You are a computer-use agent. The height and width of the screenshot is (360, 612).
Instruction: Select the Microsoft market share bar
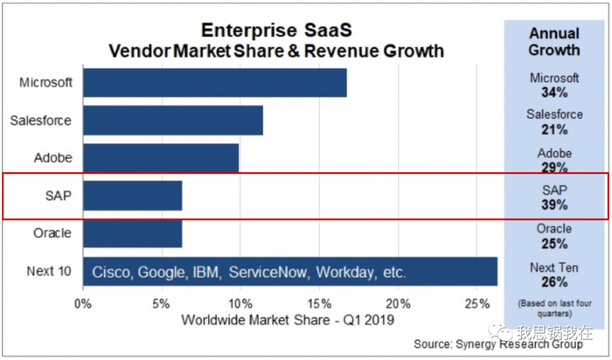click(x=214, y=83)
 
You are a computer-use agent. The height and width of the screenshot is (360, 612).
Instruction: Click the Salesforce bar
click(x=172, y=121)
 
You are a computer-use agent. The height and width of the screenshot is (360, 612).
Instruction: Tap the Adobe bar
click(x=160, y=158)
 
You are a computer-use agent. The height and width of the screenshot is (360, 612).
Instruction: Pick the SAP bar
click(x=132, y=196)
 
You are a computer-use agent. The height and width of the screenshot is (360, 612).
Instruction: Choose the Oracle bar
click(x=132, y=233)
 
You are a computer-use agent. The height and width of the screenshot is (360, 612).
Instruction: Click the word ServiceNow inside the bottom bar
click(x=269, y=273)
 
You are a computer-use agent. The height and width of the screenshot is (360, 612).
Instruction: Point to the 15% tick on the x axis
click(x=320, y=304)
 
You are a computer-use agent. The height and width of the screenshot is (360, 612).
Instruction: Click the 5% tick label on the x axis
click(x=162, y=304)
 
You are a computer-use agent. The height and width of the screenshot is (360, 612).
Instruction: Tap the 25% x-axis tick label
click(x=476, y=304)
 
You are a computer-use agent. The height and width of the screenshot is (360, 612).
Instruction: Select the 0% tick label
click(x=83, y=304)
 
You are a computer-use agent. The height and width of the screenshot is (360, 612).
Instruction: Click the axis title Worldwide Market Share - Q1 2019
click(x=287, y=320)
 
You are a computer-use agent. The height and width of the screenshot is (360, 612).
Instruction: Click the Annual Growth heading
click(x=553, y=41)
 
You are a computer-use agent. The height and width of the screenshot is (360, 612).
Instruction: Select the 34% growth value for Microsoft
click(x=554, y=92)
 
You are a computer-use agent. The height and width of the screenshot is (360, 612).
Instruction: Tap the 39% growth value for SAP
click(x=554, y=205)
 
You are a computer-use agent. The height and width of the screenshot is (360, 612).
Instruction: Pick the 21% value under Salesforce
click(x=554, y=129)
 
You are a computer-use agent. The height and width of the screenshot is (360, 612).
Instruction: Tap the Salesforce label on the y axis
click(x=41, y=121)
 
